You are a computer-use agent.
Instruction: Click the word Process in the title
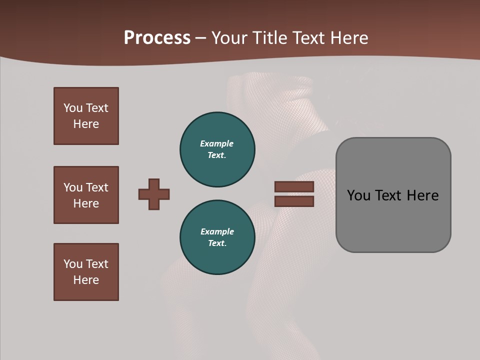click(x=157, y=38)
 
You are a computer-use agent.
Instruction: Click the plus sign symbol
click(x=154, y=194)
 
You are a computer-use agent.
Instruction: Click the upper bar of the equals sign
click(x=294, y=186)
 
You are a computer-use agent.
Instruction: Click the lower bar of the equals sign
click(x=294, y=201)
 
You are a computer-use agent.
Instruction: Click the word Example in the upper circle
click(x=217, y=143)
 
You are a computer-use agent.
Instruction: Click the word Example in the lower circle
click(x=217, y=231)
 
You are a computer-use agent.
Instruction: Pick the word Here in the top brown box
click(x=86, y=124)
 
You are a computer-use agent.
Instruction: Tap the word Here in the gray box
click(x=422, y=195)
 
